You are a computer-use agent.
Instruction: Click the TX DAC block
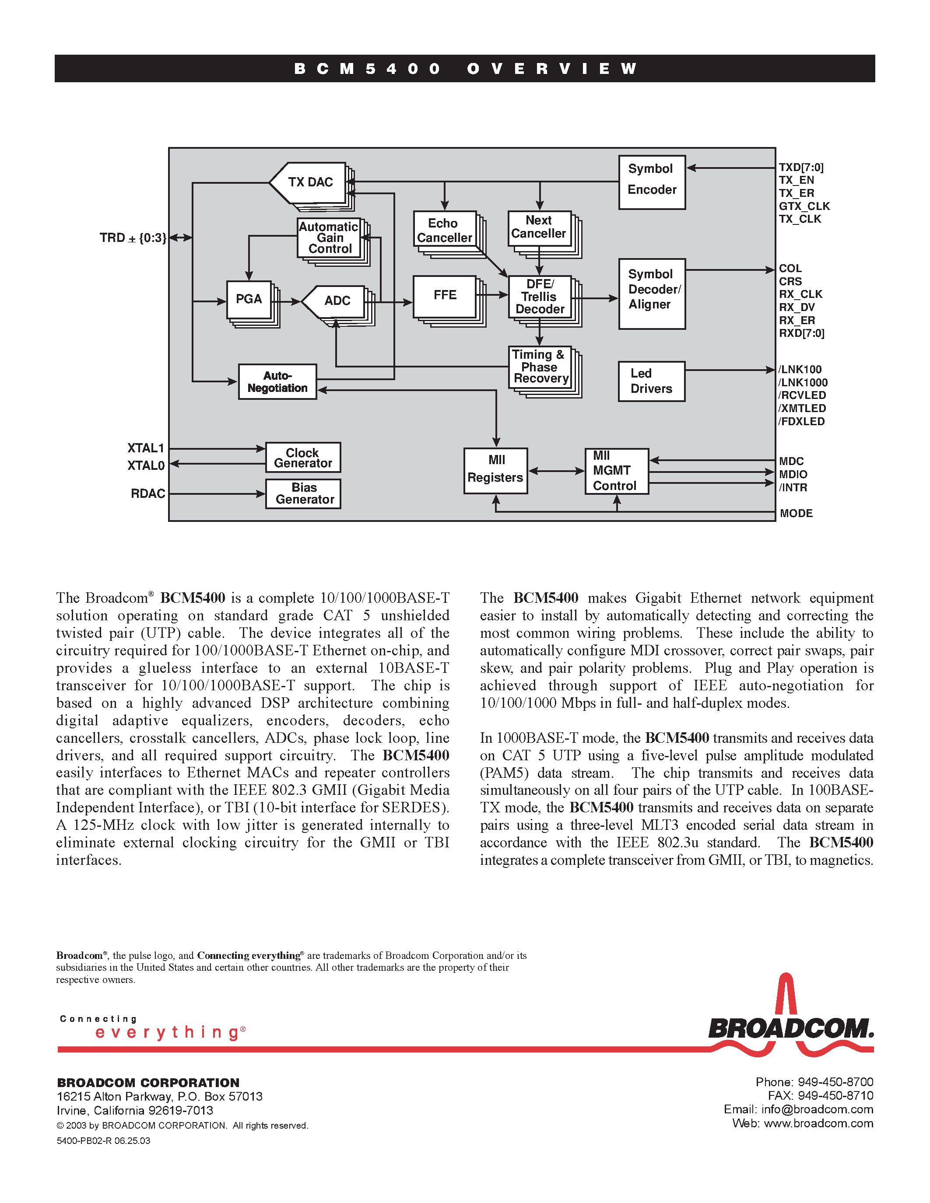(309, 182)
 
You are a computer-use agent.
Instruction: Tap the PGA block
(249, 300)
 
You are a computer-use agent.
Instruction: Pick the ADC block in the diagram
(336, 301)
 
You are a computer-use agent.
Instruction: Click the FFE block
(445, 296)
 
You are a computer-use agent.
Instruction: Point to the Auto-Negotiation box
(277, 382)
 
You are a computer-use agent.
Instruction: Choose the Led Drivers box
(651, 381)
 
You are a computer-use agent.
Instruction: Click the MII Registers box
(495, 470)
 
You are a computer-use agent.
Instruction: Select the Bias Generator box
(304, 493)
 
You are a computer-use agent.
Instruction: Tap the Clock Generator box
(303, 458)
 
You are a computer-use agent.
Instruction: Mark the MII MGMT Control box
(616, 471)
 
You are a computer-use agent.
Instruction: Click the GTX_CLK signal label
(804, 206)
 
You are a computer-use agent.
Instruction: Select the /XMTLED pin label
(802, 408)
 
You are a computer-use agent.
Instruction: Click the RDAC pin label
(147, 493)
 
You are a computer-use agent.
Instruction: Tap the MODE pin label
(796, 514)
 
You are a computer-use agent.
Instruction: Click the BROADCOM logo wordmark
(791, 1028)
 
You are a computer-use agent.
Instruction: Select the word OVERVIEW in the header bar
(552, 69)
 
